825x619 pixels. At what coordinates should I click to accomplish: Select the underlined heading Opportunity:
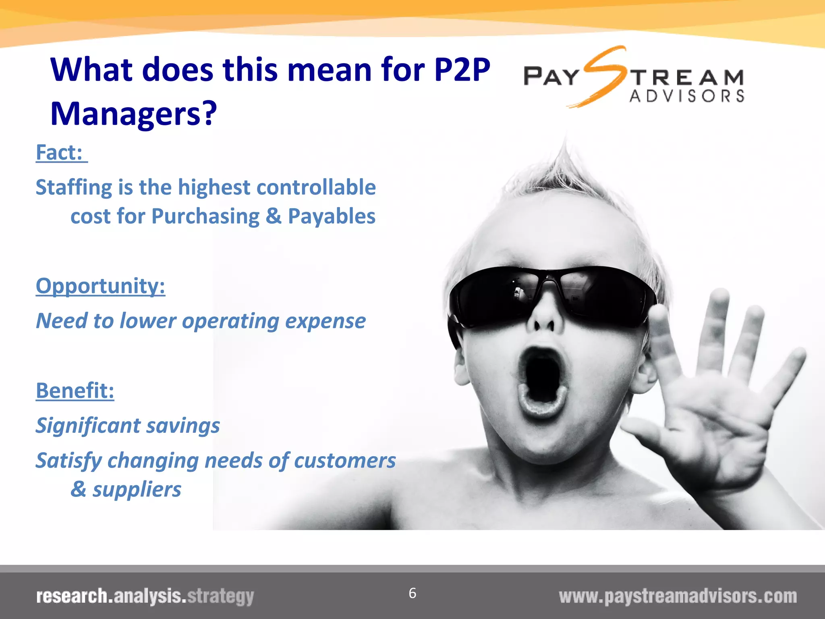[100, 286]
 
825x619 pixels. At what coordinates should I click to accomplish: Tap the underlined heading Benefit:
[75, 391]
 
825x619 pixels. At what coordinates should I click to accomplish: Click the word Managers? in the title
[133, 114]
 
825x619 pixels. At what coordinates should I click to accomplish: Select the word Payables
[332, 216]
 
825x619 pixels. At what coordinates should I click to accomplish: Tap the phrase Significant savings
[128, 426]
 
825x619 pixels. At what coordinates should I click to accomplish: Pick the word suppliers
[137, 490]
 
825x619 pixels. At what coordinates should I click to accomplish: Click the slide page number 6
[412, 593]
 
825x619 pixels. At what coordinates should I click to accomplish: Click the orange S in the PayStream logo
[603, 77]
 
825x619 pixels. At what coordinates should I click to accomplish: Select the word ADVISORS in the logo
[687, 96]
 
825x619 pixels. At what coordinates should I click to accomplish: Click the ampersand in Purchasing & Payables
[274, 216]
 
